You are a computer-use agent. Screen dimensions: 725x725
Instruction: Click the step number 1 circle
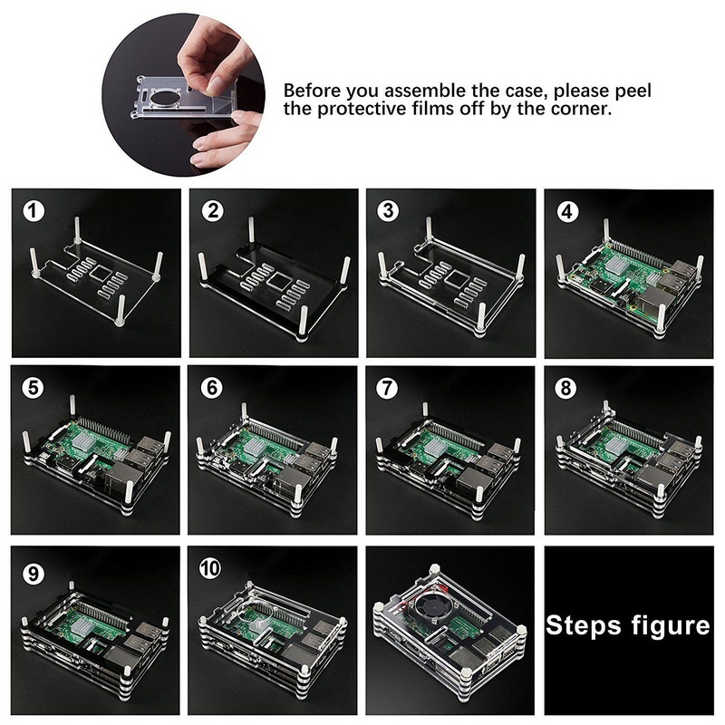pyautogui.click(x=34, y=211)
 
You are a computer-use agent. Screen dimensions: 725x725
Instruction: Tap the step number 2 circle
pyautogui.click(x=213, y=211)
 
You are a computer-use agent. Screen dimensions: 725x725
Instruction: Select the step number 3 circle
pyautogui.click(x=389, y=211)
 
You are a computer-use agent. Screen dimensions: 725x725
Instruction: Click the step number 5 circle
pyautogui.click(x=34, y=387)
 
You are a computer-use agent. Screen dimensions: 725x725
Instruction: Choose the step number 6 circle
pyautogui.click(x=213, y=387)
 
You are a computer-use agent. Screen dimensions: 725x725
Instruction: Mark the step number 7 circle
pyautogui.click(x=389, y=387)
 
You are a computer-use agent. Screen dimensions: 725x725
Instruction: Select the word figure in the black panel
pyautogui.click(x=667, y=625)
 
